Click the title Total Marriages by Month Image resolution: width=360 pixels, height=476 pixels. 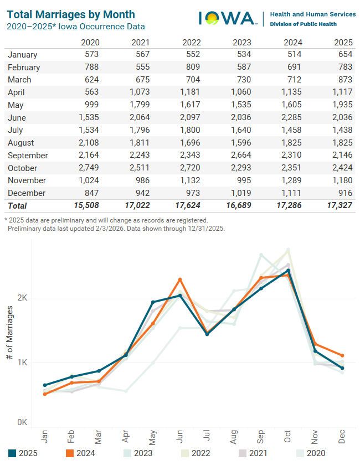[71, 14]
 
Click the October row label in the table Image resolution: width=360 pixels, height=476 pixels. [23, 168]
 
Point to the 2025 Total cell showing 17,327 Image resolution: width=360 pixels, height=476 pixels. [338, 205]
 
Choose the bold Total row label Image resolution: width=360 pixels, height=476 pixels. [18, 205]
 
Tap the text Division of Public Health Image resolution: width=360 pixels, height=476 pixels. [304, 24]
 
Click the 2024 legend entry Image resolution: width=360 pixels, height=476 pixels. [81, 453]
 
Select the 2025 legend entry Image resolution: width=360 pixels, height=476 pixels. [23, 453]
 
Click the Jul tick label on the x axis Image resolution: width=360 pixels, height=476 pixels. [207, 435]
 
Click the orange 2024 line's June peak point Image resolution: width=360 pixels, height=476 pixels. [180, 280]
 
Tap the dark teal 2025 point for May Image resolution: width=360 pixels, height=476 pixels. [153, 302]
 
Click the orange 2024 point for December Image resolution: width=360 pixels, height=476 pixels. [342, 355]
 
